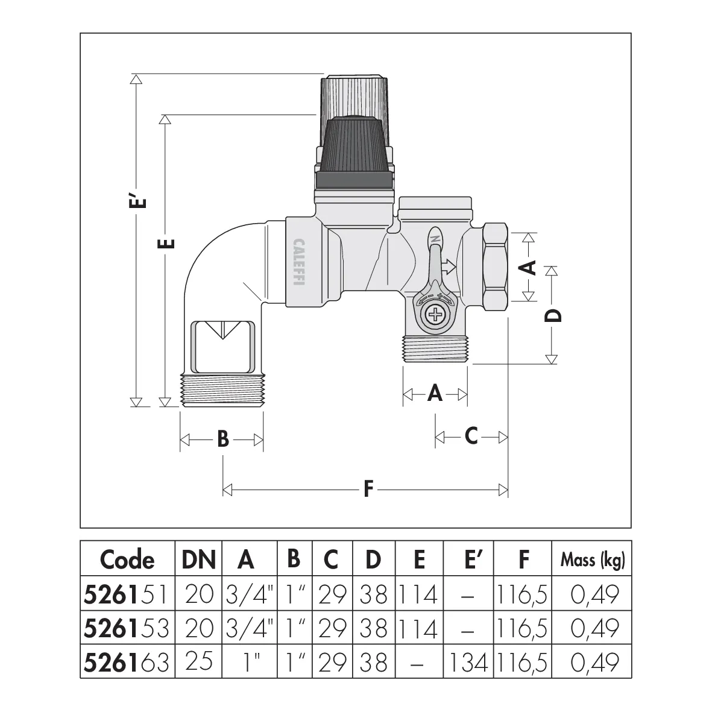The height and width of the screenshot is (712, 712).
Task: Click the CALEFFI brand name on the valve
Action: [299, 262]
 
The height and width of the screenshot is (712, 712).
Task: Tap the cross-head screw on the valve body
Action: [435, 315]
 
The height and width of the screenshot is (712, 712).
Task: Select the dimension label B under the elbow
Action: [223, 439]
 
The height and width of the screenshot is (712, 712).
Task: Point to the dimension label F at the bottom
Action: [368, 489]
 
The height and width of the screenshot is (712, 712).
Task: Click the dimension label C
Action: [471, 436]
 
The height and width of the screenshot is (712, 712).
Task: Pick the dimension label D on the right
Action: [553, 315]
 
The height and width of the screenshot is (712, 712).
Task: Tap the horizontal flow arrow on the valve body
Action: [449, 267]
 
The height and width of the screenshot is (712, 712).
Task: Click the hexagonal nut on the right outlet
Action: [495, 266]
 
